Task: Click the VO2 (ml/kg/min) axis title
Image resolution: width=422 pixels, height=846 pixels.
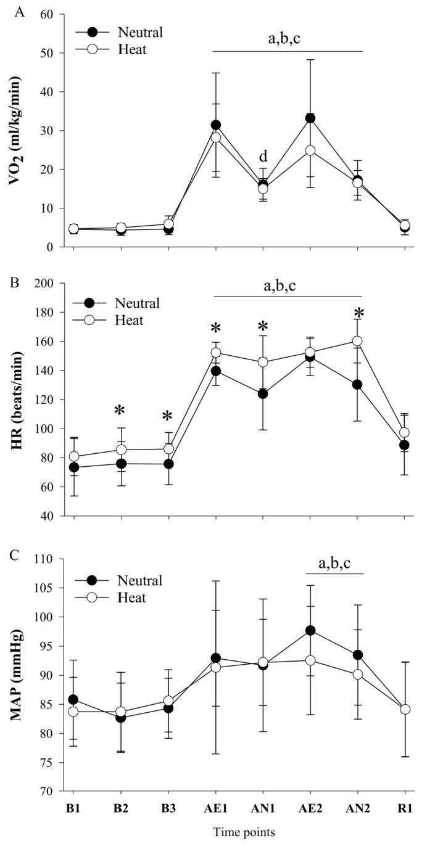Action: pos(14,130)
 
